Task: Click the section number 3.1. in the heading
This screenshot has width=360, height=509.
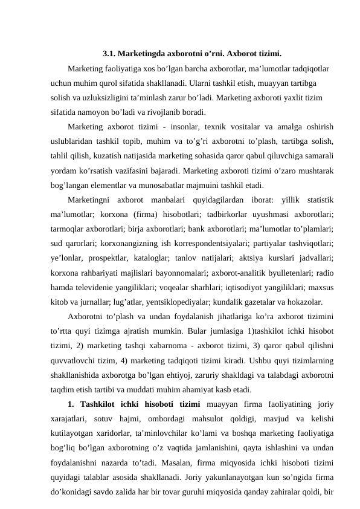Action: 109,53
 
